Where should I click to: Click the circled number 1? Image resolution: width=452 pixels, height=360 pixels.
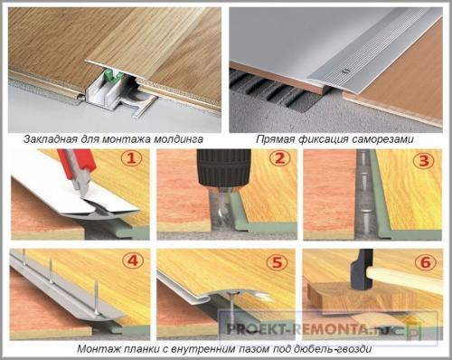click(131, 158)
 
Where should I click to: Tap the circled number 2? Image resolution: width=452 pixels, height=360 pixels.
click(280, 158)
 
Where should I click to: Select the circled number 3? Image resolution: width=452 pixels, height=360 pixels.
click(424, 161)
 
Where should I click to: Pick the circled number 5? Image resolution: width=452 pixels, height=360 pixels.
click(277, 262)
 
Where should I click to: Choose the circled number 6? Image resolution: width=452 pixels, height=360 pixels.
click(425, 262)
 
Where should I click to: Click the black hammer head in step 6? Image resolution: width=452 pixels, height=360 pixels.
click(363, 271)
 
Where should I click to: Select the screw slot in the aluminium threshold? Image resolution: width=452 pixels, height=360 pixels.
click(345, 71)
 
